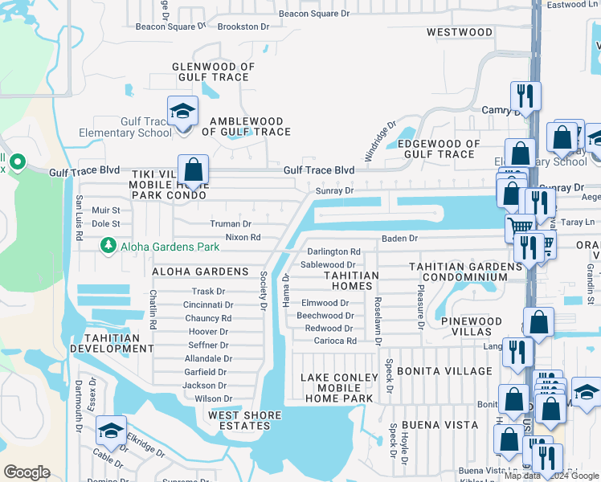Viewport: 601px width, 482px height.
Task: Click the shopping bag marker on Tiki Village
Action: (x=193, y=170)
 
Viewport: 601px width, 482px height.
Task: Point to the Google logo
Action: (x=27, y=472)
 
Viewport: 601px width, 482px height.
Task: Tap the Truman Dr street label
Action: (x=231, y=224)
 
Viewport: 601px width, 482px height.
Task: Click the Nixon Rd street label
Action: (x=243, y=237)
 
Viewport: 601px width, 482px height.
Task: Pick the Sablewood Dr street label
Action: (x=328, y=264)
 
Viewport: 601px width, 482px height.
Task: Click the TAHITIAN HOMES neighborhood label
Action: (x=351, y=280)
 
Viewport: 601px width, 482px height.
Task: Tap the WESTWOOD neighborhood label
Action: (x=460, y=32)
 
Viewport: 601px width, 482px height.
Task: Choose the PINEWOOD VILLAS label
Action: (x=472, y=326)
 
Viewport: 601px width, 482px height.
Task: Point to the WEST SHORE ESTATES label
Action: (x=246, y=420)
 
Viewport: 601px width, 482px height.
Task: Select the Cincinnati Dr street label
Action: (x=208, y=305)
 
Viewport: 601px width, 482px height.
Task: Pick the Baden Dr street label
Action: (x=400, y=239)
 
